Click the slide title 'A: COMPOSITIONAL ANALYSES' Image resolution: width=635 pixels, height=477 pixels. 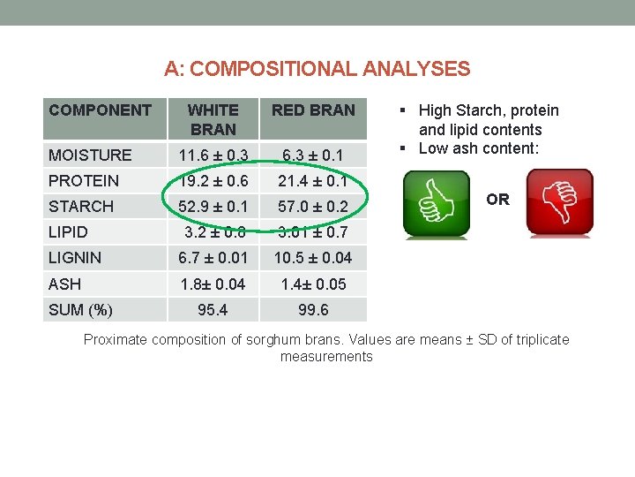click(x=317, y=69)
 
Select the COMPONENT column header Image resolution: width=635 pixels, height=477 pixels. click(x=101, y=110)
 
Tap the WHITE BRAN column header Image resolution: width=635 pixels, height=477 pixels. click(x=213, y=119)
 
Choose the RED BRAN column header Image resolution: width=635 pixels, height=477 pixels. click(x=313, y=110)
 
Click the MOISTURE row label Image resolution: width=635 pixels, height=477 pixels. click(x=91, y=155)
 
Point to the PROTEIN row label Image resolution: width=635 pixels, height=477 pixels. click(x=84, y=181)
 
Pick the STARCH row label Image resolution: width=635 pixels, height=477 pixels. click(x=82, y=207)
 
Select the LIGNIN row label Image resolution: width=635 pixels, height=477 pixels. click(x=76, y=258)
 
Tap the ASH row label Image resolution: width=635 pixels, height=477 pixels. click(x=65, y=284)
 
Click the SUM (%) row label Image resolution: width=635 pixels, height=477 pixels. click(x=81, y=310)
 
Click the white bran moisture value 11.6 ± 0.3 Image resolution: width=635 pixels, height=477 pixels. click(x=213, y=155)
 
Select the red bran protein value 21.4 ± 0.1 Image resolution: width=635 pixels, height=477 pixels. click(x=313, y=181)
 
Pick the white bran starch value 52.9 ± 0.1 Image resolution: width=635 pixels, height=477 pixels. click(x=213, y=207)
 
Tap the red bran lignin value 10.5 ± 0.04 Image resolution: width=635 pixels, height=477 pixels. click(x=313, y=258)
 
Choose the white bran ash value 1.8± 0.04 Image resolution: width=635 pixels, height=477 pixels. click(x=213, y=284)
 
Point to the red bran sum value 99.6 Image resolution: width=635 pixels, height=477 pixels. click(x=313, y=310)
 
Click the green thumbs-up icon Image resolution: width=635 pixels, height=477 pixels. click(x=436, y=204)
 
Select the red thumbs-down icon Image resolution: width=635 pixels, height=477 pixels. click(x=559, y=204)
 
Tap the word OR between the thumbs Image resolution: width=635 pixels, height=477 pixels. click(x=498, y=200)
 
